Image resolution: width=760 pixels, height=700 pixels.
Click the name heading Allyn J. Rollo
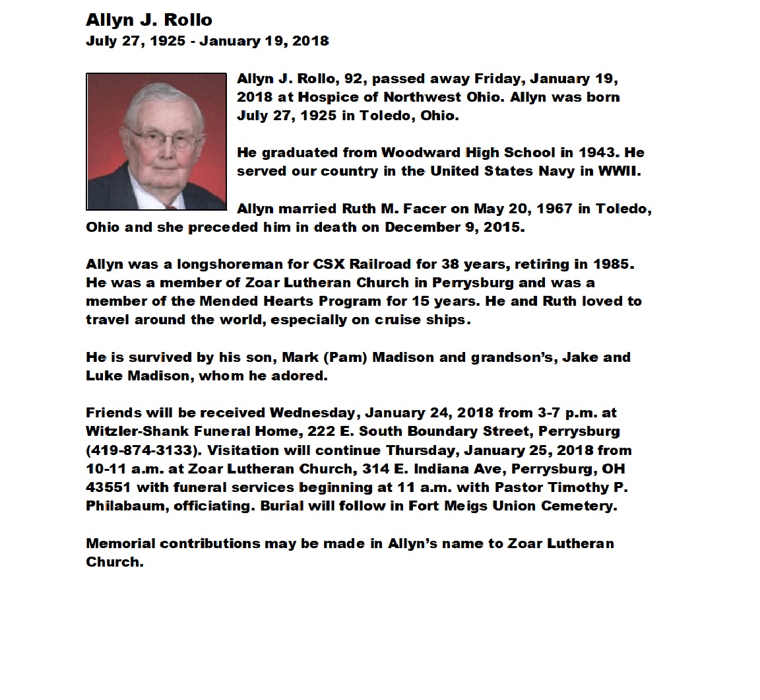point(149,20)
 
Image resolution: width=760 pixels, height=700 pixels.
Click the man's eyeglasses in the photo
point(159,138)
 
